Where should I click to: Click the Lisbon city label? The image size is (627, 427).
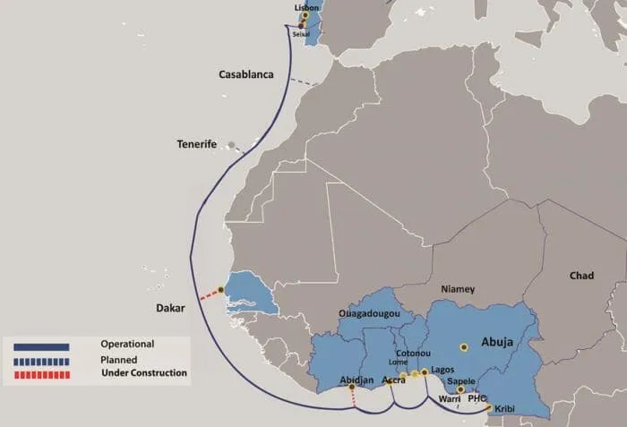pos(306,7)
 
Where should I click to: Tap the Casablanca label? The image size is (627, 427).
pos(246,74)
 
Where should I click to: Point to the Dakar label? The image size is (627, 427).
pos(169,308)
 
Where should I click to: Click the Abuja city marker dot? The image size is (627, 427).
pos(464,346)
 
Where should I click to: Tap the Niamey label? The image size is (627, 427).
pos(457,289)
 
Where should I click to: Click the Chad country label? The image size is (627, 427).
pos(581,276)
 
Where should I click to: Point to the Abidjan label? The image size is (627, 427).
pos(356,380)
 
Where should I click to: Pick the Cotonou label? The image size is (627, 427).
pos(414,354)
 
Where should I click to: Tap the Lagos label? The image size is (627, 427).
pos(442,370)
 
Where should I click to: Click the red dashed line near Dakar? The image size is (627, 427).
pos(209,294)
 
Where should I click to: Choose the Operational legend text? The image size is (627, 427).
pos(127,344)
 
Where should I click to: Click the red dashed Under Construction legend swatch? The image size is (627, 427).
pos(42,373)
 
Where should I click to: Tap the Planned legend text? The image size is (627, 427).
pos(118,359)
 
